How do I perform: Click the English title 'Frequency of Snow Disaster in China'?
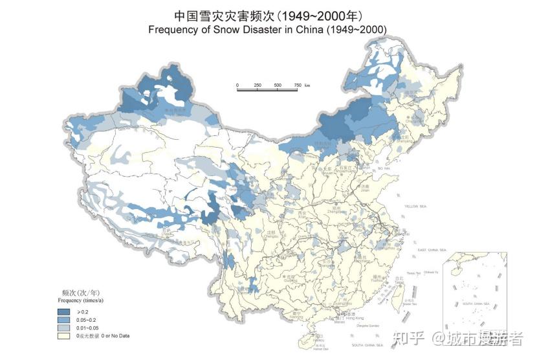tap(267, 30)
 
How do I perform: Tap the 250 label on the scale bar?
tap(257, 85)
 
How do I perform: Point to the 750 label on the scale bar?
tap(297, 85)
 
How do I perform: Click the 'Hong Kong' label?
tap(355, 318)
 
